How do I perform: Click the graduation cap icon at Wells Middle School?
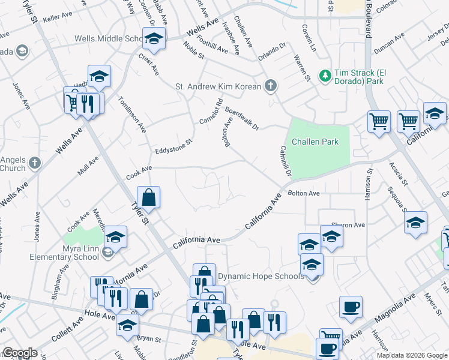coord(154,39)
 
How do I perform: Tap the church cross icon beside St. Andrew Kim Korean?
coord(271,86)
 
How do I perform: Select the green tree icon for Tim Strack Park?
coord(325,75)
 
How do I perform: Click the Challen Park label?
coord(315,142)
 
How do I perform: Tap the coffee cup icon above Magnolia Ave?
coord(351,307)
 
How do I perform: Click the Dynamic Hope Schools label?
coord(261,276)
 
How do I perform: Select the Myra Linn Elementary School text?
coord(65,253)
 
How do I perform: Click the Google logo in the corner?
coord(20,353)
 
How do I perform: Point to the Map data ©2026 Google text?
coord(412,355)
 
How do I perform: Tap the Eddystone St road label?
coord(172,146)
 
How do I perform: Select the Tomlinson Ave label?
coord(133,113)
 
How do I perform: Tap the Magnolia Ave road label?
coord(394,310)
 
